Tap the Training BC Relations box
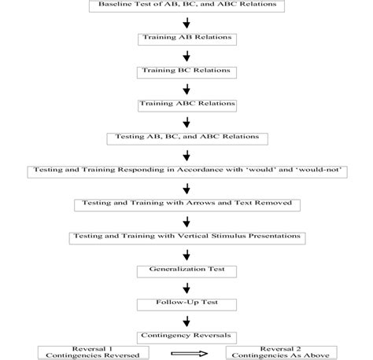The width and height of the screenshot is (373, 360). [186, 72]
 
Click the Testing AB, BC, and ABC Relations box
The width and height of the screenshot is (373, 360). [186, 138]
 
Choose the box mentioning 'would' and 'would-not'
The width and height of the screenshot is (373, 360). [186, 171]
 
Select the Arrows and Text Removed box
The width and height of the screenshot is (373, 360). [186, 204]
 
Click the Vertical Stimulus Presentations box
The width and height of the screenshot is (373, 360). [186, 237]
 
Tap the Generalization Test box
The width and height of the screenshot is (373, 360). [186, 270]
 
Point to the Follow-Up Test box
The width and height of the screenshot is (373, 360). [186, 303]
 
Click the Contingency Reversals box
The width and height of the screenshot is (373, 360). [186, 336]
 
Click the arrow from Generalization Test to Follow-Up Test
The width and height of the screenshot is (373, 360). [186, 287]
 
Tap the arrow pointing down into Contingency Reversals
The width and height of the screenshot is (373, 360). [186, 320]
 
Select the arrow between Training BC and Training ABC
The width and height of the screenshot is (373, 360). [186, 88]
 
